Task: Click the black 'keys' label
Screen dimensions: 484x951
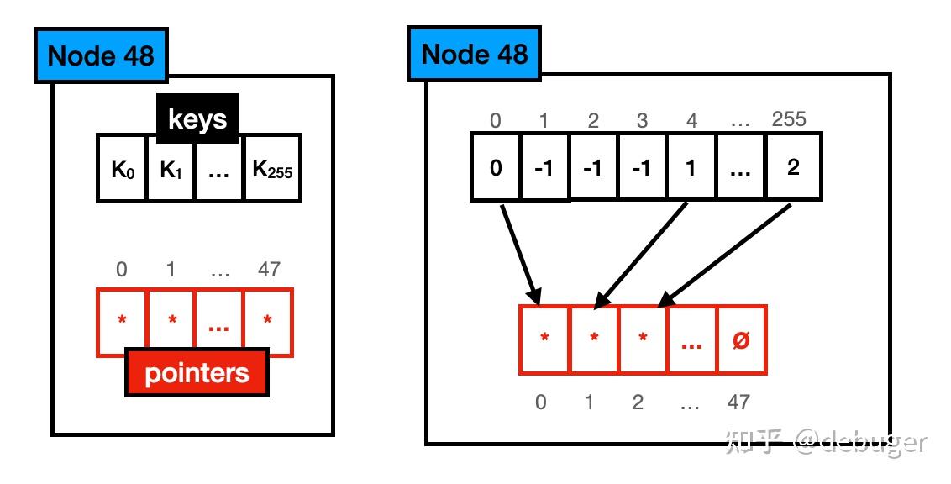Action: click(197, 118)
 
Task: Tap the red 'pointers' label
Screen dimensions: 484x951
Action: click(197, 372)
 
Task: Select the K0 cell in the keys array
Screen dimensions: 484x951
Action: click(123, 168)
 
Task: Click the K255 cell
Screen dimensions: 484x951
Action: click(272, 168)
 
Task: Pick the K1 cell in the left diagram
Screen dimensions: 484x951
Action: click(171, 168)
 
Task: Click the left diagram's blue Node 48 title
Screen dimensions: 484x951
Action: click(101, 55)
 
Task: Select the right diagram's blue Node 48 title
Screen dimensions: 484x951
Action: click(474, 54)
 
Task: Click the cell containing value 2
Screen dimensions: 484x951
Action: click(793, 167)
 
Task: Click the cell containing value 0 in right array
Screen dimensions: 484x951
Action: click(496, 167)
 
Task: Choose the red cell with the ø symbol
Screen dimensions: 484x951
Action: click(741, 339)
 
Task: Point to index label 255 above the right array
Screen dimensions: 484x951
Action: click(788, 119)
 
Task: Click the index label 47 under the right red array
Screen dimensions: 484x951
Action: click(738, 402)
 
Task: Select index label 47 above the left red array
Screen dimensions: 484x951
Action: click(269, 270)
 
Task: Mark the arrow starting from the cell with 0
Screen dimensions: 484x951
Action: click(519, 252)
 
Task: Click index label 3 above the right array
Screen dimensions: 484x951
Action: click(643, 120)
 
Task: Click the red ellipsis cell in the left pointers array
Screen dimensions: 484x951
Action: click(219, 321)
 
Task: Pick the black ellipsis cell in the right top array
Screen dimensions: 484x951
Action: click(741, 167)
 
